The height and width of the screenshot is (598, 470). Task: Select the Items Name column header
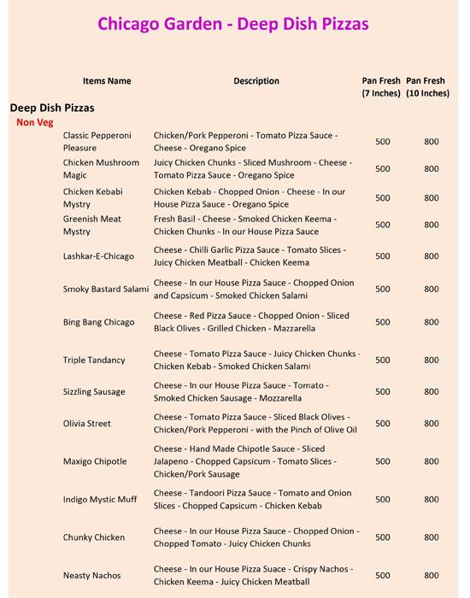(107, 81)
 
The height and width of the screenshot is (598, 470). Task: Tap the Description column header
(256, 81)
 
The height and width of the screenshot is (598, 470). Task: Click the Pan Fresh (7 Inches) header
(381, 86)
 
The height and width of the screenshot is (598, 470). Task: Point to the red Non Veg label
(34, 122)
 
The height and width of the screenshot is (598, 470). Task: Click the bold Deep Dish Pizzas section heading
(51, 108)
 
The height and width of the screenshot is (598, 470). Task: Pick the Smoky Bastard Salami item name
(106, 289)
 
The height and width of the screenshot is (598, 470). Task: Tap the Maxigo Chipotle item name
(95, 462)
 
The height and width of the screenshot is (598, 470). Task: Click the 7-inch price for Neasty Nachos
(383, 575)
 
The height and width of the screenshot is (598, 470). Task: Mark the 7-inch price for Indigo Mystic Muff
(383, 500)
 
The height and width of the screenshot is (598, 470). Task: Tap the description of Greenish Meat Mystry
(249, 226)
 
